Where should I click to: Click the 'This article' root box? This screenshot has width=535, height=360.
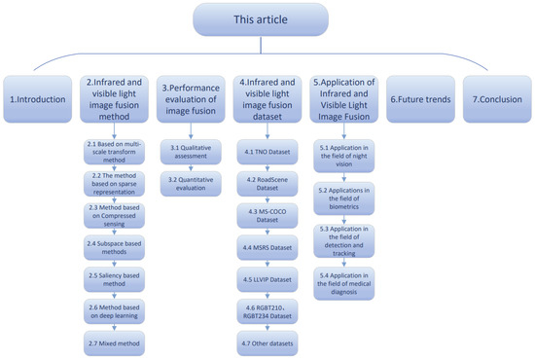pyautogui.click(x=267, y=22)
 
